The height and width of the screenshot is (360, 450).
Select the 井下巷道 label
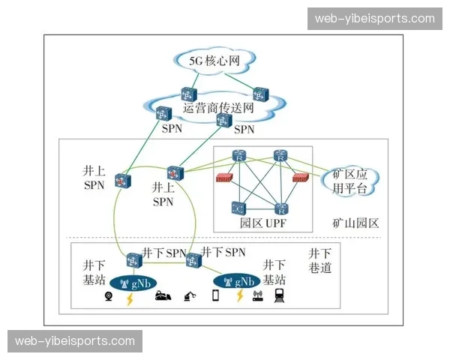[x=319, y=260]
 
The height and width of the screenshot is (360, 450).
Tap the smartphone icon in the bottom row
[x=215, y=296]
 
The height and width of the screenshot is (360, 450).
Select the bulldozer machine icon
[x=163, y=298]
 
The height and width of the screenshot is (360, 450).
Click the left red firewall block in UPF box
[x=223, y=178]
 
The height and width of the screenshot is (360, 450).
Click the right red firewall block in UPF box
[x=301, y=178]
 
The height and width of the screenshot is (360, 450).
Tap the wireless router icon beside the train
[x=257, y=297]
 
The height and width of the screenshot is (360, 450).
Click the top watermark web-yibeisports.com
[x=374, y=19]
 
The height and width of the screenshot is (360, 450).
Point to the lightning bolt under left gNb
[x=130, y=298]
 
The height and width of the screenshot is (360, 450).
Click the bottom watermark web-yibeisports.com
[x=75, y=341]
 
